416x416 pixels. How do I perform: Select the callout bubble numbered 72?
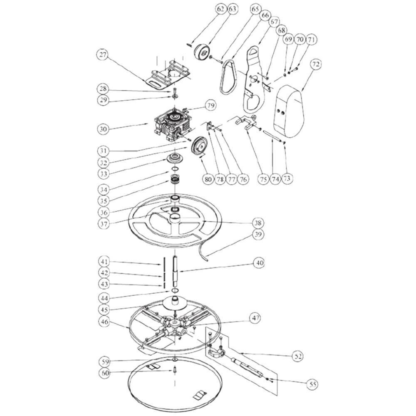click(x=316, y=64)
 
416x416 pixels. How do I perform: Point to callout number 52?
click(x=298, y=356)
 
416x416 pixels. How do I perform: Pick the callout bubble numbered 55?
click(x=313, y=384)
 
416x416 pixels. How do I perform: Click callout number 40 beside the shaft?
click(x=259, y=263)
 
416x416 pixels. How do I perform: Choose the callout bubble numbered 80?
click(x=208, y=179)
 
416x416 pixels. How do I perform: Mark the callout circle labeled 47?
click(x=256, y=317)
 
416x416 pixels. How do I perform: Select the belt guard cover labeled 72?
click(x=289, y=111)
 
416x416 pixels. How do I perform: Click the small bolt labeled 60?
click(x=175, y=369)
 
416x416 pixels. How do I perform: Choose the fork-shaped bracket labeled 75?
click(x=245, y=122)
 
